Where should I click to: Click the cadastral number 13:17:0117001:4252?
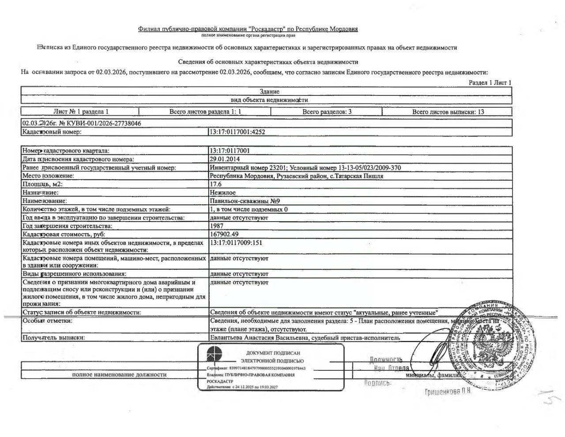point(237,132)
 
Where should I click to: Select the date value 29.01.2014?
point(225,159)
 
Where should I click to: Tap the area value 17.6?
point(216,184)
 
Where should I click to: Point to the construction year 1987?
point(217,226)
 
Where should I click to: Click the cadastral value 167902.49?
point(224,234)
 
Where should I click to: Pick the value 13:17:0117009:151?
point(237,243)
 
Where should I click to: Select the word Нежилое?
point(223,192)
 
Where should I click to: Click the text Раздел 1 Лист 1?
point(490,83)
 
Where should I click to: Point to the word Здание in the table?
point(269,91)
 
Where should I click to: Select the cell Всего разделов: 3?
point(327,112)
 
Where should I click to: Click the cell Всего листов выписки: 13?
point(448,112)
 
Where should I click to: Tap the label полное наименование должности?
point(119,374)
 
